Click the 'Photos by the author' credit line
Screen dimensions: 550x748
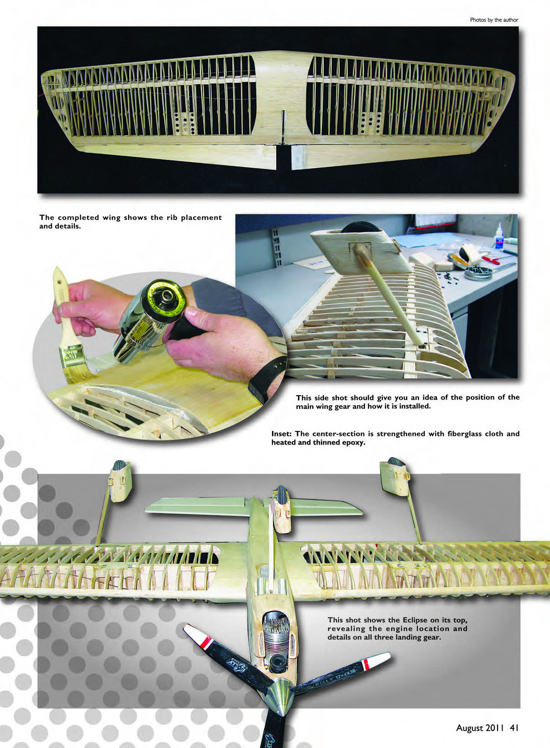pyautogui.click(x=494, y=20)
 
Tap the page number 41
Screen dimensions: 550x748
pyautogui.click(x=514, y=727)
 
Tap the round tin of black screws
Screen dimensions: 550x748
pyautogui.click(x=478, y=273)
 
